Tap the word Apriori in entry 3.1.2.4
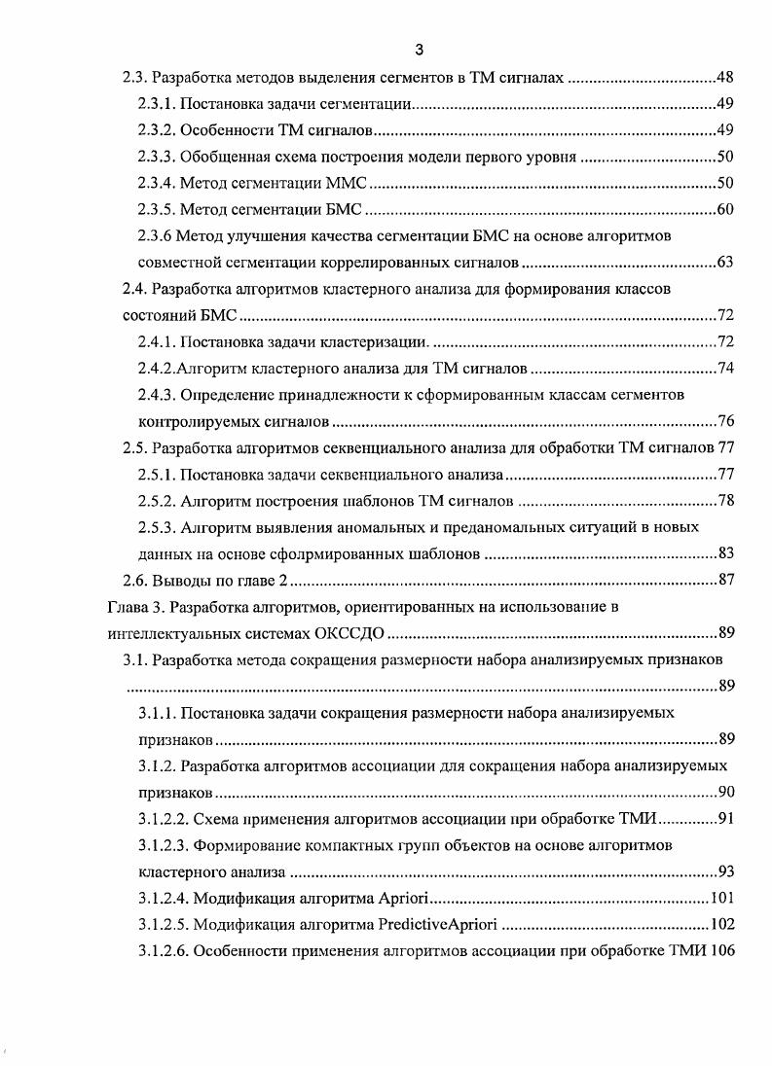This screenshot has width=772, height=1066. point(400,898)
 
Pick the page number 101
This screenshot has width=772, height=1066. point(719,898)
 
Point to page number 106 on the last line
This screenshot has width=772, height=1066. point(719,950)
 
